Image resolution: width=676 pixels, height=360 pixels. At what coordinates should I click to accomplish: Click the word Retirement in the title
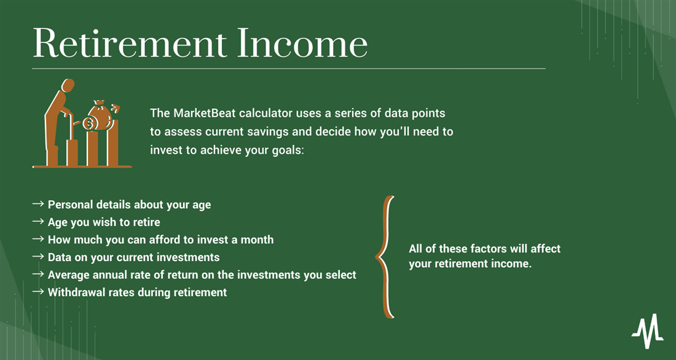coord(129,43)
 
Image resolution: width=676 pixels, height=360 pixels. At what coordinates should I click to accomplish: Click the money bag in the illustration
coord(100,114)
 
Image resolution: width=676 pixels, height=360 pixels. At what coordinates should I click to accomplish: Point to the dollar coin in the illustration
coord(89,123)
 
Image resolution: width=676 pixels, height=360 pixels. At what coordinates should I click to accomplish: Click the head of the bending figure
coord(68,85)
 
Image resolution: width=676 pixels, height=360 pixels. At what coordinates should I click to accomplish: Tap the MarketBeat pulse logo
coord(648,331)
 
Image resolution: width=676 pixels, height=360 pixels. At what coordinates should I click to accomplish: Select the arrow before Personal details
coord(38,203)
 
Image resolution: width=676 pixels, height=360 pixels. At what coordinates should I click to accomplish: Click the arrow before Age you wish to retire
coord(38,221)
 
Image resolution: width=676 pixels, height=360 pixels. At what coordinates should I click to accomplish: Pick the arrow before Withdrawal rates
coord(38,291)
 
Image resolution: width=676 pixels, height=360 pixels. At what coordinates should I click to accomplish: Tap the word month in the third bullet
coord(258,240)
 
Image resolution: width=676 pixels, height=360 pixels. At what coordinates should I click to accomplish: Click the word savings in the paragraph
coord(269,132)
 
